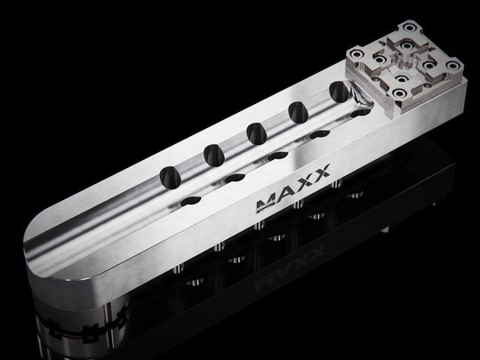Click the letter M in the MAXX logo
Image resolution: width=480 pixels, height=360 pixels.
point(265,204)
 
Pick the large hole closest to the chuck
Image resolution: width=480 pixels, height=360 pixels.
point(340,92)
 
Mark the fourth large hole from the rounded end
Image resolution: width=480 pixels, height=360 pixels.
point(298,113)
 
